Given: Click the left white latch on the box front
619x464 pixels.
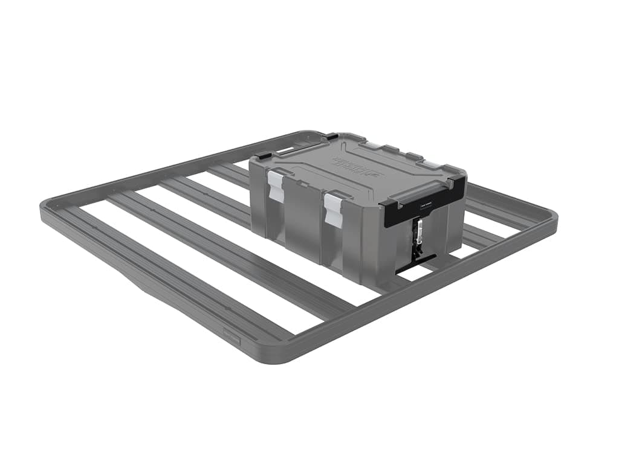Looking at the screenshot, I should [276, 185].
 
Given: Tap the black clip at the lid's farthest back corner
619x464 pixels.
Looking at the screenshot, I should [331, 137].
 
